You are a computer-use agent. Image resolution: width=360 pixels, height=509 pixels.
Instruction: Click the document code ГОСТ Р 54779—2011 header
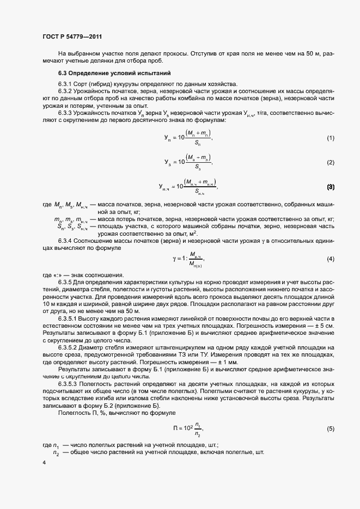72,36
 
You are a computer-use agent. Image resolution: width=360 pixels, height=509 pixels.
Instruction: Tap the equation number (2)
330,162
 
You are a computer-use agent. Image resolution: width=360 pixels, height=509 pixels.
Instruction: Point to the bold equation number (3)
330,187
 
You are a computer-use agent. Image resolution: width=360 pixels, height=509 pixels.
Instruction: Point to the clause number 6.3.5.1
69,317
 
